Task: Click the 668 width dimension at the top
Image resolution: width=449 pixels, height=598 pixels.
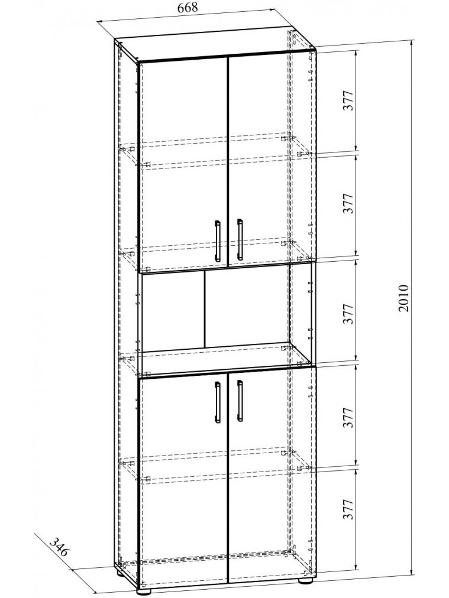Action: (x=187, y=8)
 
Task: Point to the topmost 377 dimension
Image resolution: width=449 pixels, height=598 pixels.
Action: (x=349, y=101)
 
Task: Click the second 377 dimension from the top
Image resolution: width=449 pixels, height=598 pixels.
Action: (x=349, y=204)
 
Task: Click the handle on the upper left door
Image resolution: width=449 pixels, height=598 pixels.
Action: (x=217, y=240)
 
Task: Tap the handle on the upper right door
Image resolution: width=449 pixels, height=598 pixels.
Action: (x=240, y=239)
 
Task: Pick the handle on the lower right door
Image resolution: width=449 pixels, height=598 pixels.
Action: (x=240, y=400)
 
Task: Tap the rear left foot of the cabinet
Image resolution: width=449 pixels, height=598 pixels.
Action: (x=121, y=572)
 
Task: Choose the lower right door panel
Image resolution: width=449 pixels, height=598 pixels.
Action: (x=269, y=479)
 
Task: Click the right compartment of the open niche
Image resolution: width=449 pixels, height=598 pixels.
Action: (x=246, y=309)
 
